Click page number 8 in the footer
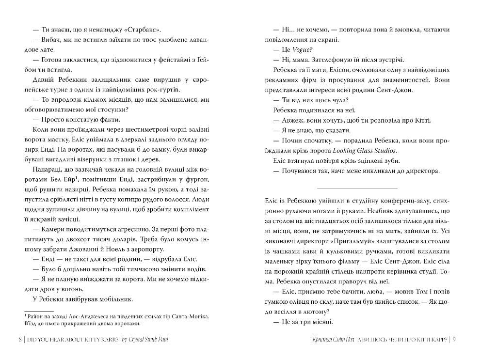point(20,339)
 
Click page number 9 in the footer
point(454,339)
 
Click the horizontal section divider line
point(356,187)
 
